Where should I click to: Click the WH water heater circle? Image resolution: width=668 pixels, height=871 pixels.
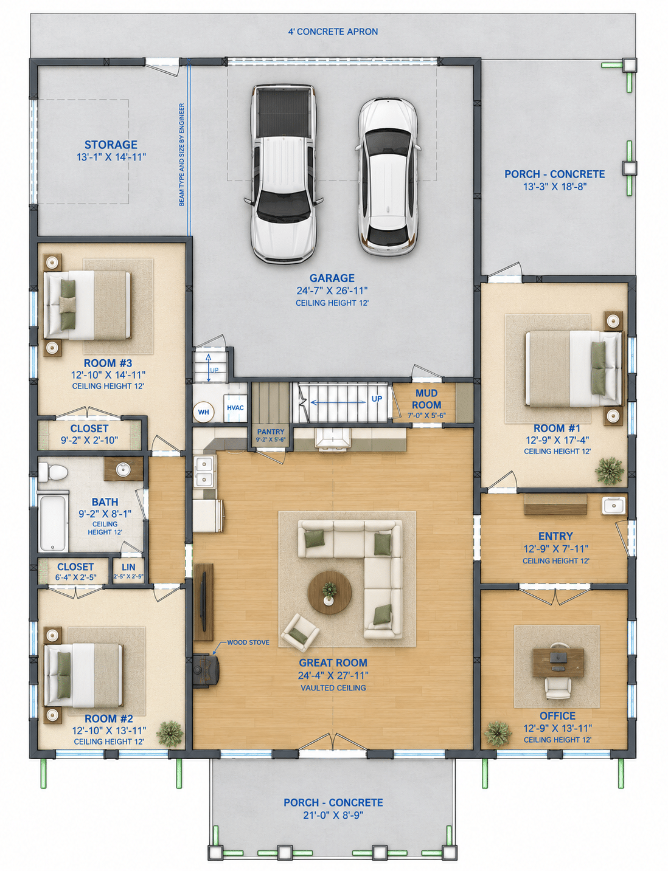[x=203, y=411]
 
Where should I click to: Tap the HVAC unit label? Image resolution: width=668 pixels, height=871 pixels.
[x=235, y=408]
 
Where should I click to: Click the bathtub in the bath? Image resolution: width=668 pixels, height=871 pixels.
[x=54, y=523]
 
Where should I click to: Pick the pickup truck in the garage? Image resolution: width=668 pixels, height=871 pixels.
[x=284, y=174]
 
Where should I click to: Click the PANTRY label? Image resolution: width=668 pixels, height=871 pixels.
[x=271, y=432]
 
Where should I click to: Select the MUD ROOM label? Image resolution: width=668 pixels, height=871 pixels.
[x=426, y=399]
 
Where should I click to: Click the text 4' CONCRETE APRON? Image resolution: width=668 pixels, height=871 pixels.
[x=333, y=32]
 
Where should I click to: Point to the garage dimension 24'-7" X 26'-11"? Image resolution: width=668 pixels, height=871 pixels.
[x=332, y=291]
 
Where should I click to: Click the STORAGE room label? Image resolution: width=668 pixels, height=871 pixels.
[x=111, y=145]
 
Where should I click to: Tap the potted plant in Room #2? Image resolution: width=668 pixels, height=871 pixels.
[x=170, y=732]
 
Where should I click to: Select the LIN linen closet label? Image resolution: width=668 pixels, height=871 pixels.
[x=128, y=566]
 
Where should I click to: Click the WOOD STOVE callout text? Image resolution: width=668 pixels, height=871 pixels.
[x=248, y=642]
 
